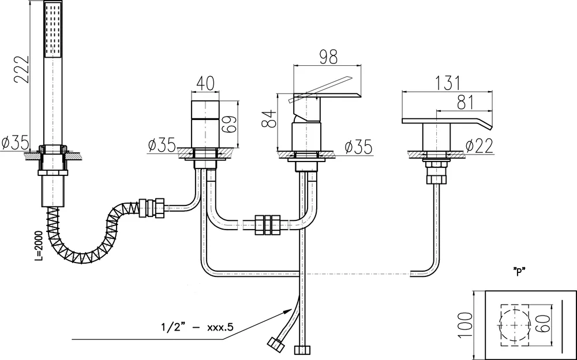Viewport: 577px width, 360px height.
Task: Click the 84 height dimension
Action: click(x=267, y=121)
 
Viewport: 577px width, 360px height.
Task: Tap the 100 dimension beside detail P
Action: click(x=464, y=325)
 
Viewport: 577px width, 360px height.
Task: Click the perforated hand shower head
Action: click(x=53, y=29)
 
